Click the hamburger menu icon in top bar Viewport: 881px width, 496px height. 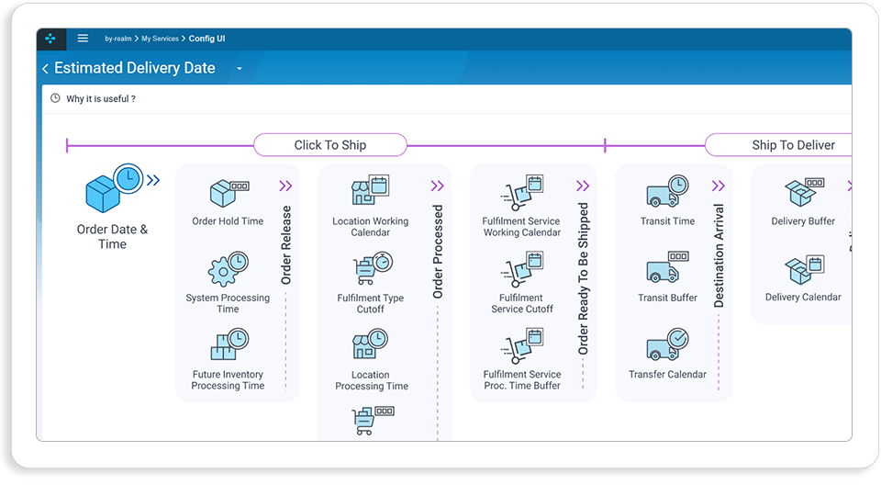pos(83,39)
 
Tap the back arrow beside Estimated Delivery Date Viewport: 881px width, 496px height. pos(46,69)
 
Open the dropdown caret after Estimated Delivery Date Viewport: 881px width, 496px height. pos(240,69)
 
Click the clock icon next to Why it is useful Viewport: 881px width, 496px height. pos(55,98)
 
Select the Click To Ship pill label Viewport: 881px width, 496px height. pos(330,145)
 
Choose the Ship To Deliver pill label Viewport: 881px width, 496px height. pos(793,145)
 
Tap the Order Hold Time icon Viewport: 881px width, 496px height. pos(229,193)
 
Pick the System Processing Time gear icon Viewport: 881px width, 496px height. pos(229,269)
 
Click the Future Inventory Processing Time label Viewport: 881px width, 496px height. pos(228,380)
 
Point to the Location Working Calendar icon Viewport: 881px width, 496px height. pos(370,189)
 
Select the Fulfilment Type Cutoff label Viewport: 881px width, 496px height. pos(370,304)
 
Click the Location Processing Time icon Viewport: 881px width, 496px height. pos(370,344)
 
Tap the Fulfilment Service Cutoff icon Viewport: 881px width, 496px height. pos(522,269)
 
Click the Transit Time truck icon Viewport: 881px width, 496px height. pos(667,191)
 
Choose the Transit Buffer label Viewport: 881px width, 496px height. pos(667,298)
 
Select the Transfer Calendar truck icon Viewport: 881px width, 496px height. pos(667,344)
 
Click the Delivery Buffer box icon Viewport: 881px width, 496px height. pos(804,192)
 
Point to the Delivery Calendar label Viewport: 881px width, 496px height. pos(803,297)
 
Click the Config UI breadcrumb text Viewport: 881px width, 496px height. pos(206,39)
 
